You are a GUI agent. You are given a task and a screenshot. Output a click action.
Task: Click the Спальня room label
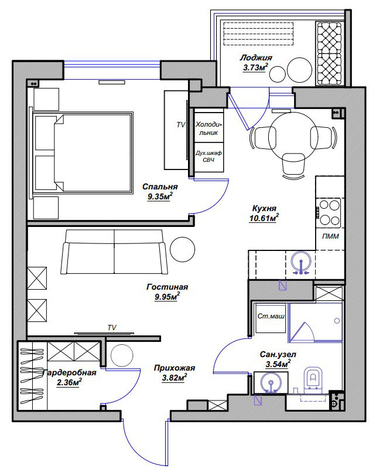point(160,186)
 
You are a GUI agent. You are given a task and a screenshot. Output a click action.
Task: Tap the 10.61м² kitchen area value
point(264,218)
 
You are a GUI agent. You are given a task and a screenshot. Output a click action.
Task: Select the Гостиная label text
point(167,287)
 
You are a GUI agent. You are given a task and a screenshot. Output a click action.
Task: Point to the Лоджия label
point(256,57)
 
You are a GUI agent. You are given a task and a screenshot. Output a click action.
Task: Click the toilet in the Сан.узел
point(313,379)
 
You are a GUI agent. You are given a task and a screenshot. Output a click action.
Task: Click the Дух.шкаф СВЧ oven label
point(208,157)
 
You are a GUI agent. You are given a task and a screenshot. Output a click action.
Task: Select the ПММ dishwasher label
point(330,236)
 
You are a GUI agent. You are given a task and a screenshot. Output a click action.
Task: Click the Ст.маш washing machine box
point(271,317)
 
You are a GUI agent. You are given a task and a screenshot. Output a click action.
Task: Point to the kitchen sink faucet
point(301,266)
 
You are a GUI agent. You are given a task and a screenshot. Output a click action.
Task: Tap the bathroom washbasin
point(271,383)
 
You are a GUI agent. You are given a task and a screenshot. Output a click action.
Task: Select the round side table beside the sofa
point(182,249)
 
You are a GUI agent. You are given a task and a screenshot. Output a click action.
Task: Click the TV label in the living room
point(112,327)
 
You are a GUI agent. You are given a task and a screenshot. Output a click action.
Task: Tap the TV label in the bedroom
point(180,125)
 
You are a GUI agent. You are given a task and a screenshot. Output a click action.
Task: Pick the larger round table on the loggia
point(299,70)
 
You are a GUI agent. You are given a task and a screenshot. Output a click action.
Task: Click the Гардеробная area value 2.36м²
point(69,382)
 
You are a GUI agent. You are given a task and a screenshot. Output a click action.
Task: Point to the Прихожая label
point(175,368)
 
